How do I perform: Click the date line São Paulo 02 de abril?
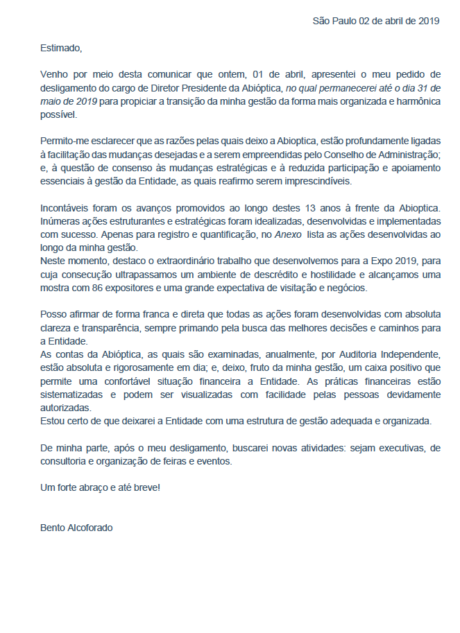376,21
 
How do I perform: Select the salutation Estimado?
61,48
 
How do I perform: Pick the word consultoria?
65,461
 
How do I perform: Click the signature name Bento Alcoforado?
76,528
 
